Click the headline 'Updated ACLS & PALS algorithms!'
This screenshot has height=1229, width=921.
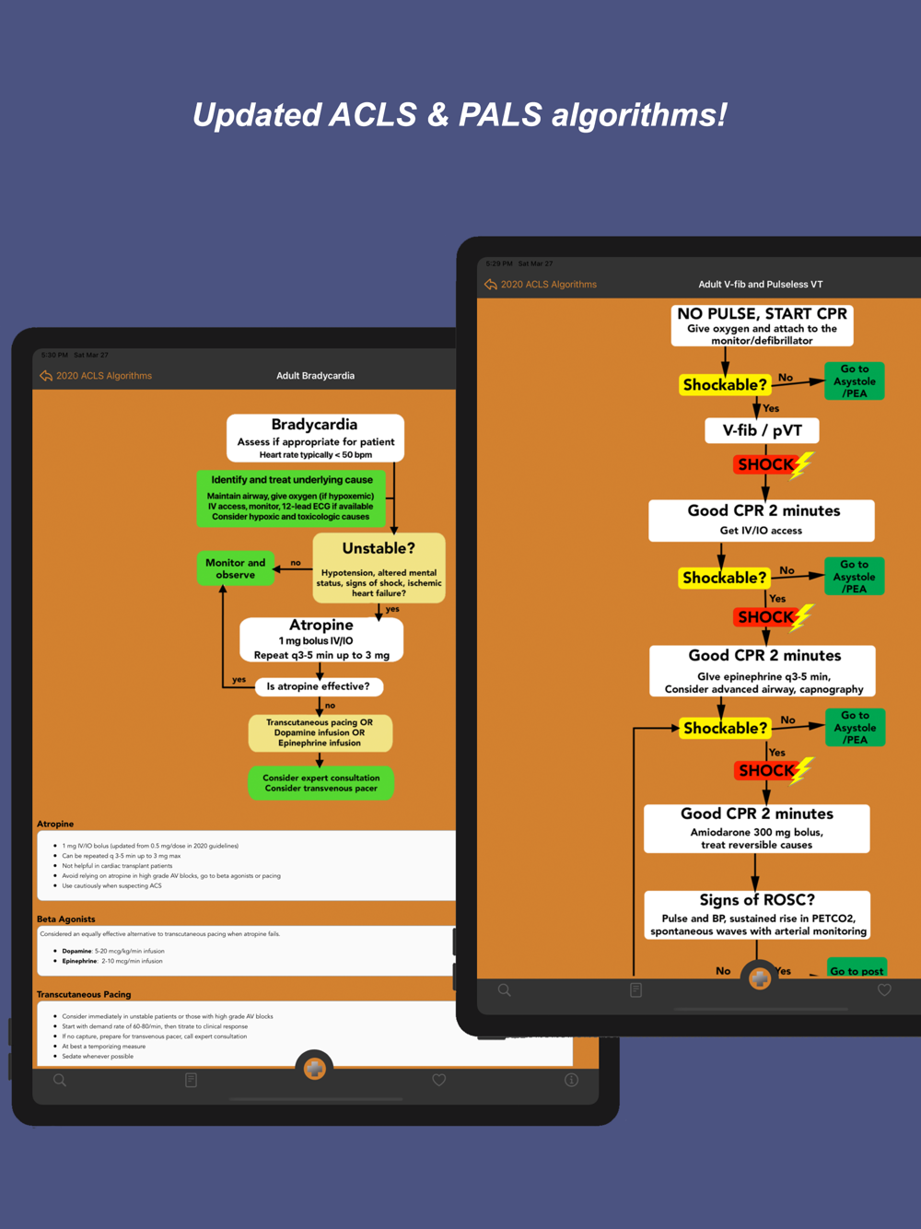tap(460, 115)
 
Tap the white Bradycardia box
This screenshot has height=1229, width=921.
tap(315, 438)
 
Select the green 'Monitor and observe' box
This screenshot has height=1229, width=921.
tap(235, 568)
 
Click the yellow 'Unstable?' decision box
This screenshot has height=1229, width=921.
tap(379, 568)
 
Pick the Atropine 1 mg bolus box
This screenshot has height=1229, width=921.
tap(321, 639)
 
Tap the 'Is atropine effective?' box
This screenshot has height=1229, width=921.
tap(318, 686)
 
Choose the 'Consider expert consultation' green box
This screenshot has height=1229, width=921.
tap(321, 783)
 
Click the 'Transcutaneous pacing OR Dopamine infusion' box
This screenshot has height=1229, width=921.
tap(320, 733)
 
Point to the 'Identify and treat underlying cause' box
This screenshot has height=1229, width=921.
tap(291, 498)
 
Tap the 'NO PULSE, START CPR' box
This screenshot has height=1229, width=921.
tap(762, 325)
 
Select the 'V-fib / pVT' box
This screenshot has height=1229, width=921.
tap(762, 430)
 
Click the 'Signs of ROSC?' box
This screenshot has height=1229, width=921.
tap(757, 914)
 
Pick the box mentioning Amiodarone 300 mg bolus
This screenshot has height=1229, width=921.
tap(756, 828)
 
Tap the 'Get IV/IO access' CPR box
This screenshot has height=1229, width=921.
tap(762, 520)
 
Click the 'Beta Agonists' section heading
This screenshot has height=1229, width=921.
tap(66, 919)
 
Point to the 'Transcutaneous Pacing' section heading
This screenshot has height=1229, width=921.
tap(84, 994)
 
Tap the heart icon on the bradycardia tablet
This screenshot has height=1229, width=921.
tap(439, 1080)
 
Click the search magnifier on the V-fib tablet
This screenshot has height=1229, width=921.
tap(505, 990)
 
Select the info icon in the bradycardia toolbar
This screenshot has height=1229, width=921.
tap(571, 1080)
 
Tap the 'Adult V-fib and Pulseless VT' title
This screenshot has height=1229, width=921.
tap(760, 285)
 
